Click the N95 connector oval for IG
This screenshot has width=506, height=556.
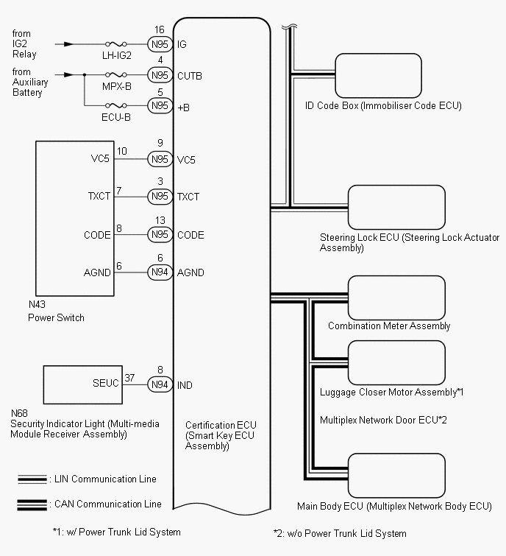point(160,44)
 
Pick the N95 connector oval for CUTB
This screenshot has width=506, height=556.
point(160,75)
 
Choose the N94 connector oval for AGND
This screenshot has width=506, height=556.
point(160,272)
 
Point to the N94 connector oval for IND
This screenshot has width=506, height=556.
point(160,384)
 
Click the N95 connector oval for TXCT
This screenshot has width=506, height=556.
point(160,197)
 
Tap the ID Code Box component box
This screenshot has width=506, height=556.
point(378,75)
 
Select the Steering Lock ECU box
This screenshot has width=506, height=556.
point(396,207)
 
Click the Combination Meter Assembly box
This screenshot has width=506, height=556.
point(396,296)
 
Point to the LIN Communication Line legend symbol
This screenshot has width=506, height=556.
point(34,479)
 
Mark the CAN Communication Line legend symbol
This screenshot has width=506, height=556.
point(34,504)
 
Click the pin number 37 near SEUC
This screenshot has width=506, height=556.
point(131,377)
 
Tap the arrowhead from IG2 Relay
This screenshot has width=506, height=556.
point(68,44)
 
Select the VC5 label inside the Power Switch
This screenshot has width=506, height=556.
point(100,158)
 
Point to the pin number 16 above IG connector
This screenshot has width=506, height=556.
point(159,29)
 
